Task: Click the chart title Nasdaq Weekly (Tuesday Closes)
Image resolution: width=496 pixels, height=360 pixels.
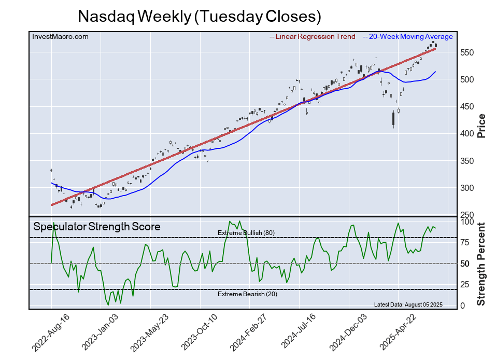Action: tap(200, 16)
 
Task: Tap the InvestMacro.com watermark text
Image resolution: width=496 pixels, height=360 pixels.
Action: tap(60, 36)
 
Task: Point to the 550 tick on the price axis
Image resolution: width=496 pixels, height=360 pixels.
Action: tap(467, 52)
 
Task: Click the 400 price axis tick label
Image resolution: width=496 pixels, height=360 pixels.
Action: tap(467, 134)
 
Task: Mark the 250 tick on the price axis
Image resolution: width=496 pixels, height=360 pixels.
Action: tap(467, 215)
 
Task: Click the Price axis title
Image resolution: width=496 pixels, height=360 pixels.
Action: tap(481, 125)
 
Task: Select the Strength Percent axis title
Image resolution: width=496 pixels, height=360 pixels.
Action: tap(481, 264)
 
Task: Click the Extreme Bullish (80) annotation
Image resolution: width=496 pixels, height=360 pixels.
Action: tap(246, 233)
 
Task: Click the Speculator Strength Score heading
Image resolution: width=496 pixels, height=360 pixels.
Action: tap(97, 227)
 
